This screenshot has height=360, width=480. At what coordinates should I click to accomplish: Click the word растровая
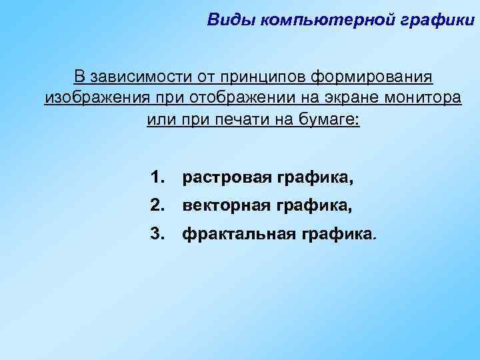226,178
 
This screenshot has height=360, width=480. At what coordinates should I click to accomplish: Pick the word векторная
226,206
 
